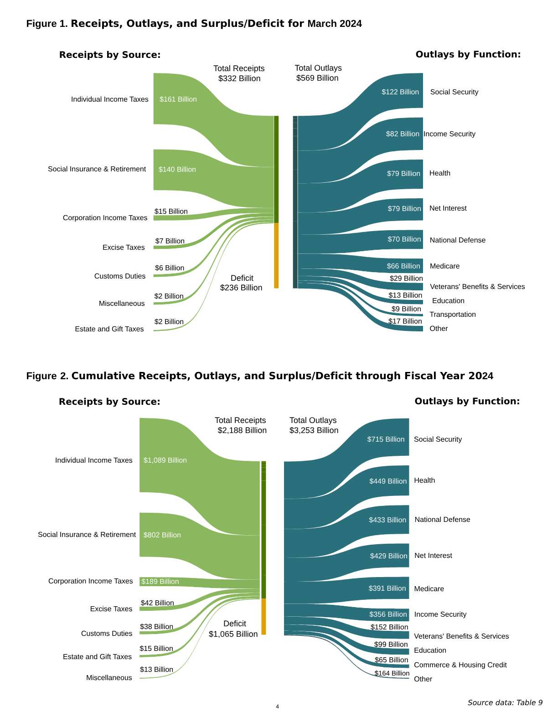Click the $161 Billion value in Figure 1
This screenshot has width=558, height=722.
tap(178, 99)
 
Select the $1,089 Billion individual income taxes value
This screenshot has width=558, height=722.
tap(165, 460)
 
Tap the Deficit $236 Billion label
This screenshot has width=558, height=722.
tap(241, 283)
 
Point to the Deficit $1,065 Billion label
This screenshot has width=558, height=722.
tap(233, 629)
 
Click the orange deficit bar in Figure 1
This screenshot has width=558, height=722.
tap(276, 255)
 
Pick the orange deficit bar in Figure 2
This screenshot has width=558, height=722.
tap(263, 616)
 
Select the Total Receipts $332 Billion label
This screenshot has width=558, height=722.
tap(239, 73)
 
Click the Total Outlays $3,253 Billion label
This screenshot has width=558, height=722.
tap(314, 425)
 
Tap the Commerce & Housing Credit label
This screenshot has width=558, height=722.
tap(460, 665)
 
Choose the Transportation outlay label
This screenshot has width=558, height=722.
tap(452, 315)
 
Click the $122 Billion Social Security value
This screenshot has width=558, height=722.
tap(400, 92)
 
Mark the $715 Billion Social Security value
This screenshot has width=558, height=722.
tap(386, 439)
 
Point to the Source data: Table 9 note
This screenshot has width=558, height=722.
tap(505, 702)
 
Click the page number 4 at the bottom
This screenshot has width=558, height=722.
tap(277, 707)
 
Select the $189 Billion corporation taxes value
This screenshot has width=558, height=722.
tap(160, 582)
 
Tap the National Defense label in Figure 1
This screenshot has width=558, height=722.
tap(457, 240)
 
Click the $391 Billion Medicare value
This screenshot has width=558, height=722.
tap(387, 588)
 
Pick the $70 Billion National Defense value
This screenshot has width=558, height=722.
tap(404, 239)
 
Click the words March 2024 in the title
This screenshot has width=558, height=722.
tap(335, 24)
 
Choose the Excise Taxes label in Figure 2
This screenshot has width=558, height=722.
tap(111, 609)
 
